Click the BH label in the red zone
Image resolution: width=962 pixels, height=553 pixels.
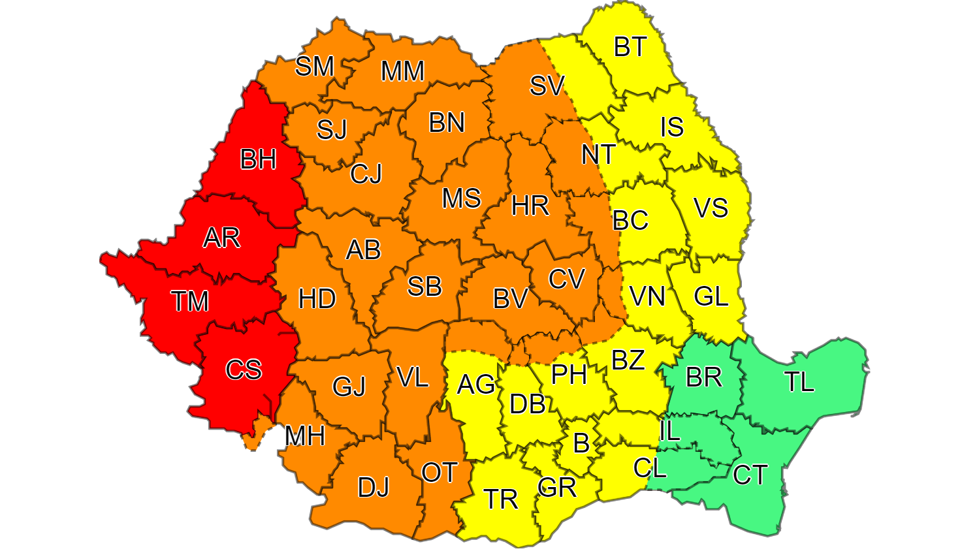point(258,159)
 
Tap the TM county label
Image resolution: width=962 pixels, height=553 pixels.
point(189,302)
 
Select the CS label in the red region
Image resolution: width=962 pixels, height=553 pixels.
point(244,370)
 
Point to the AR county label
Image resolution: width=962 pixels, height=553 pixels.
point(221,238)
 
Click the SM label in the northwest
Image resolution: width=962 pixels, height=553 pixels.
point(314,67)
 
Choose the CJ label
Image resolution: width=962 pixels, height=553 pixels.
point(366,174)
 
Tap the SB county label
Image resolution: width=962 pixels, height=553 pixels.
point(425,287)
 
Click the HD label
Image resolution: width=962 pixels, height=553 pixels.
point(317,299)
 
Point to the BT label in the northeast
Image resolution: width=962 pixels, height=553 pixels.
point(630,47)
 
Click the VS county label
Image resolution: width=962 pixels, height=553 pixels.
point(711,208)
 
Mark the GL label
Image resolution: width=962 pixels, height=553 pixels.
point(711,297)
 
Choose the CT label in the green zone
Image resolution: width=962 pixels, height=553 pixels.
point(750,475)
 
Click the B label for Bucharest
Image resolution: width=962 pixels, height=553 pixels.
point(581,444)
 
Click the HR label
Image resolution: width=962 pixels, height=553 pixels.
point(530,206)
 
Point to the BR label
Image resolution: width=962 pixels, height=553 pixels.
point(703,377)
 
